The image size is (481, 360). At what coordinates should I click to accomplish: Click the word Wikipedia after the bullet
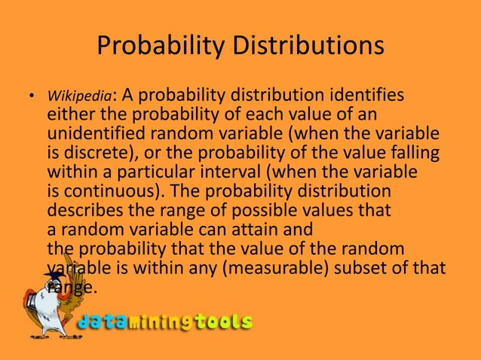80,97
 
